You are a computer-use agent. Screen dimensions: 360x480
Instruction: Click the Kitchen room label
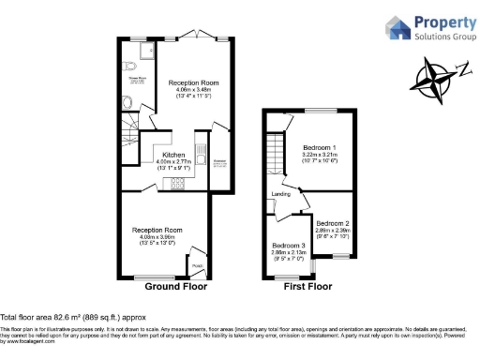click(172, 154)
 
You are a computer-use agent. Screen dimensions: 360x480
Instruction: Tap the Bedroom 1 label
click(321, 146)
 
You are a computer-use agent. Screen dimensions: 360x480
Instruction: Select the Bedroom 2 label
click(332, 223)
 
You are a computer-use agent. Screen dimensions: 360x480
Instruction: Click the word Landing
click(280, 195)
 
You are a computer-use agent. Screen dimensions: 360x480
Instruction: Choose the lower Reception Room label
click(157, 230)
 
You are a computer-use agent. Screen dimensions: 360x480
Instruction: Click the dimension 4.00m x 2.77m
click(172, 161)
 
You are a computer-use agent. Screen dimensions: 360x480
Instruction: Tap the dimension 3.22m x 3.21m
click(321, 154)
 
